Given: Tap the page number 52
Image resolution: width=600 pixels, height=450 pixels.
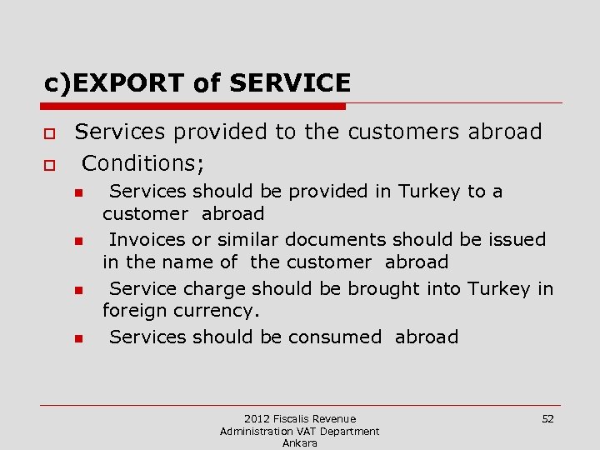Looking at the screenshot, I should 547,418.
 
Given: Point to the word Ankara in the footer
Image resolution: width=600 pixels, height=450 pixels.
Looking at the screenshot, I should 300,443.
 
